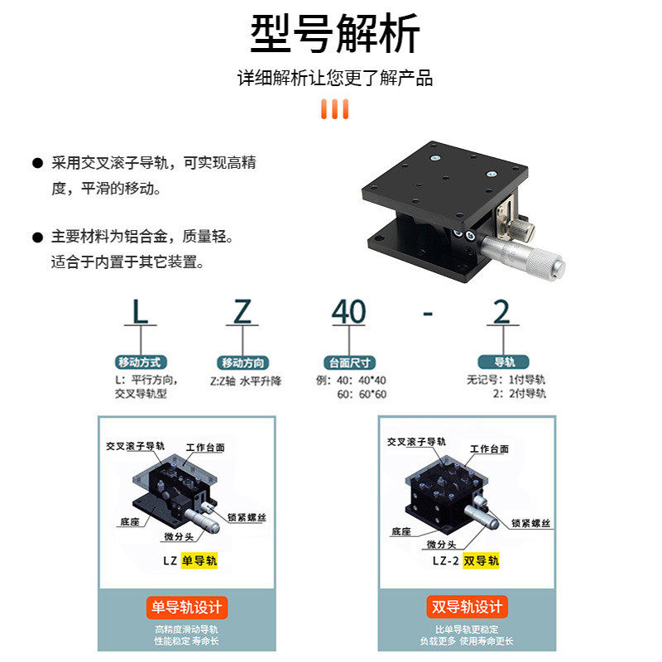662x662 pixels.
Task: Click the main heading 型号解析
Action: pos(335,34)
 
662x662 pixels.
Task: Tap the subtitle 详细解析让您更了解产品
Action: pos(335,79)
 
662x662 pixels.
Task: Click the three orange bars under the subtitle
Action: pos(335,109)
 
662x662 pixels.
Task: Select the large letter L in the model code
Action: pos(142,311)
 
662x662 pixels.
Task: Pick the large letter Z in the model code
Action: pos(242,311)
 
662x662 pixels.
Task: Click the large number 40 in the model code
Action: pos(348,311)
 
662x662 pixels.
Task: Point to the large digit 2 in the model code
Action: pos(501,311)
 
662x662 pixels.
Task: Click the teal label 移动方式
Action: pos(142,362)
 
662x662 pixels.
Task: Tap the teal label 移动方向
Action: pos(243,362)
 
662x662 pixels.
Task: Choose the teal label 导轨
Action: pos(503,362)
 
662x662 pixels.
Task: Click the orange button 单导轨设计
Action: pos(186,607)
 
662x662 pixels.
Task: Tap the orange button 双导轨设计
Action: pos(467,607)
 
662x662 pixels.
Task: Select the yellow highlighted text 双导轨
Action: pos(481,560)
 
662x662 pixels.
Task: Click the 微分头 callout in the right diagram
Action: pos(441,544)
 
